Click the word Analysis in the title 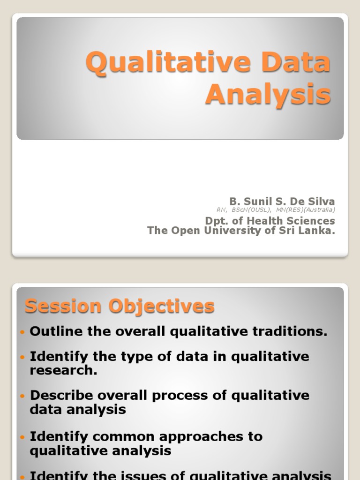268,95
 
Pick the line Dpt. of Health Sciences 270,220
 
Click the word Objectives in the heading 162,307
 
